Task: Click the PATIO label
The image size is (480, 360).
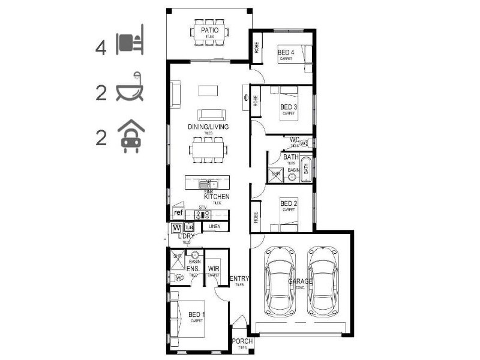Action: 209,30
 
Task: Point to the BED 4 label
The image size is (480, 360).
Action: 286,53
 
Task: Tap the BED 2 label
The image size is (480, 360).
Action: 289,203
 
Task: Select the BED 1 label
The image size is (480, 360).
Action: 196,314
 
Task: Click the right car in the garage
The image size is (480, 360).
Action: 323,280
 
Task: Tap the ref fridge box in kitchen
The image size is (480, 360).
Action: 178,213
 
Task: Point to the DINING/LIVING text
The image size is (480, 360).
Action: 208,127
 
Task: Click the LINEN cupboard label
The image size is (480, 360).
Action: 215,227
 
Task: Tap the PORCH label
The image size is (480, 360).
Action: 242,341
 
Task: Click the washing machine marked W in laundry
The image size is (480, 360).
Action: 176,228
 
